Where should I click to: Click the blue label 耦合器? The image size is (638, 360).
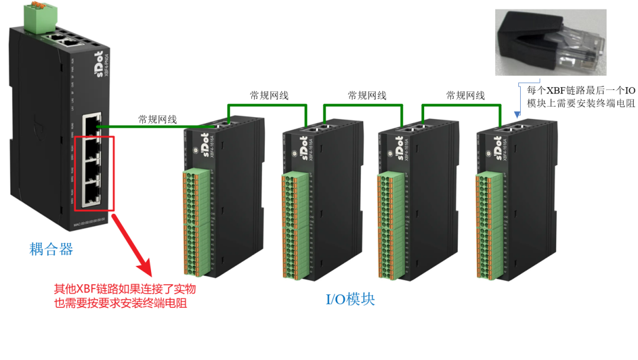click(52, 249)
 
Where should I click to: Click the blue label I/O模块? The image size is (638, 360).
click(351, 299)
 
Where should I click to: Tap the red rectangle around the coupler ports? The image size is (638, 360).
click(94, 174)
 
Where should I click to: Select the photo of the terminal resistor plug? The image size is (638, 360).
click(551, 42)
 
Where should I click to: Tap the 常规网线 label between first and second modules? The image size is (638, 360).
click(268, 95)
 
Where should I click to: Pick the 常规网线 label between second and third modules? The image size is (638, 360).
click(367, 95)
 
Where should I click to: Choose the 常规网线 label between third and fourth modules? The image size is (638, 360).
click(466, 95)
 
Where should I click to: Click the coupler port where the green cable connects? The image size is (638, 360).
click(92, 126)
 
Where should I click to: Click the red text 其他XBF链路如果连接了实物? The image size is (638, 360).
click(124, 290)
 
